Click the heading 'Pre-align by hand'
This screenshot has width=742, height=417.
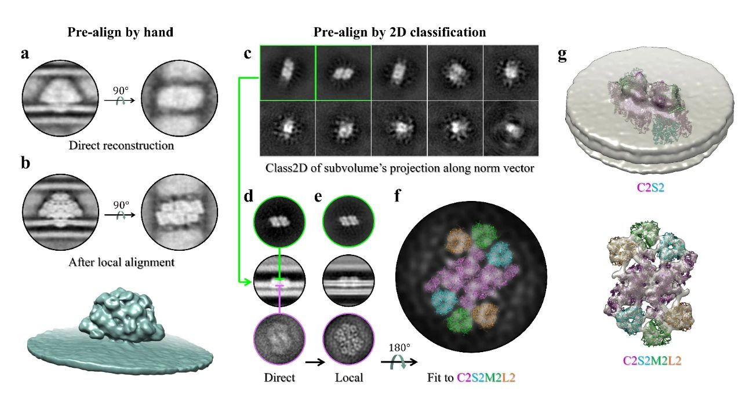[120, 32]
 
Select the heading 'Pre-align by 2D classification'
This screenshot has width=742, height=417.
[399, 32]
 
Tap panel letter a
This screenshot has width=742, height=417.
[25, 54]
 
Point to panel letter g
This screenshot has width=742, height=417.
[562, 55]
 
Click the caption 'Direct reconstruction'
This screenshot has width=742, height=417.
[121, 145]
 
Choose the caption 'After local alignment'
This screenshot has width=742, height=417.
[121, 262]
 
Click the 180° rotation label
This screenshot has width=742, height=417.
[399, 348]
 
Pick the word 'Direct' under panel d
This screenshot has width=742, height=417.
[279, 377]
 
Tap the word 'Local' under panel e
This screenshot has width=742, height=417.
[349, 377]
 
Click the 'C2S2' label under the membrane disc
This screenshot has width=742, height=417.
[650, 188]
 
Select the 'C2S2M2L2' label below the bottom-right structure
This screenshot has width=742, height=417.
[652, 360]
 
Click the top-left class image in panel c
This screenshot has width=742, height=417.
[288, 73]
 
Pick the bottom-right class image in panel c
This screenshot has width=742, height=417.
[511, 129]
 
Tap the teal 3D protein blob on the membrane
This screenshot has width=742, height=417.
[122, 314]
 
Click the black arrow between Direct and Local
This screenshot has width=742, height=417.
[315, 363]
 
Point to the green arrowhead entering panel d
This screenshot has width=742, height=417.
[246, 282]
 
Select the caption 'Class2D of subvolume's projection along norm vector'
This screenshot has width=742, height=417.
[399, 168]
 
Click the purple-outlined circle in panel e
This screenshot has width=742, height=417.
[348, 339]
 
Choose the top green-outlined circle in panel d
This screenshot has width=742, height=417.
[279, 221]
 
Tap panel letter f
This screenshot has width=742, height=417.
[398, 196]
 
